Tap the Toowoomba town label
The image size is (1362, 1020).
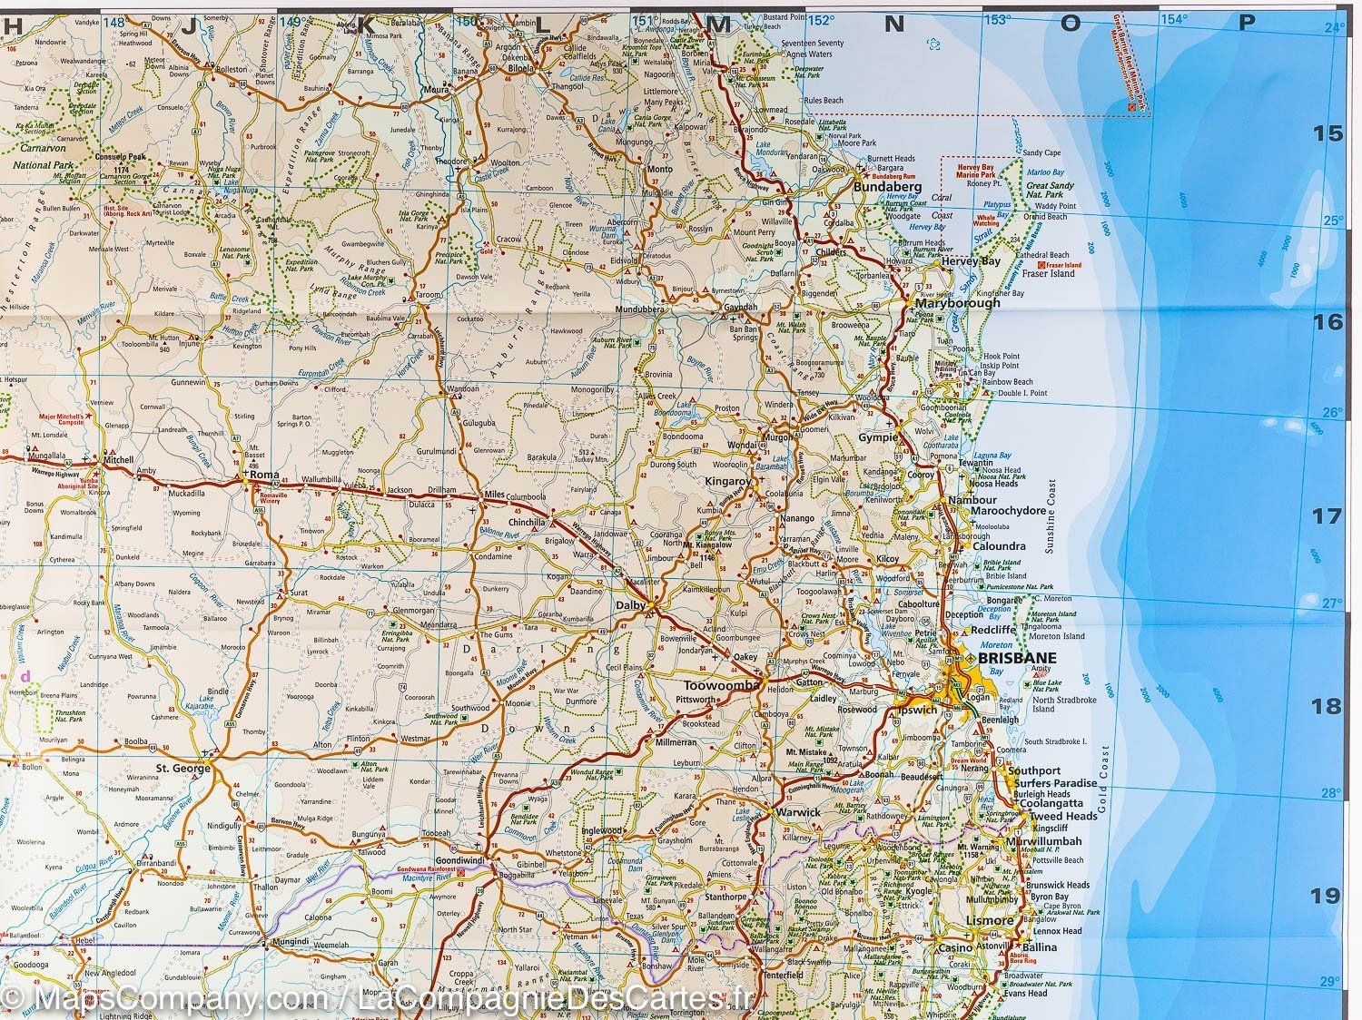pyautogui.click(x=720, y=686)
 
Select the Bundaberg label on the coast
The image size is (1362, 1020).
pyautogui.click(x=887, y=187)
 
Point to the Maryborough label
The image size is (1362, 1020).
pyautogui.click(x=957, y=302)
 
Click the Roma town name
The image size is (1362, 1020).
pyautogui.click(x=264, y=474)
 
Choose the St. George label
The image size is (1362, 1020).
pyautogui.click(x=183, y=768)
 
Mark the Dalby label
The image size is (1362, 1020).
pyautogui.click(x=630, y=605)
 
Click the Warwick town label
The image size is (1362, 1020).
pyautogui.click(x=798, y=811)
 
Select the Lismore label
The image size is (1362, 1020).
pyautogui.click(x=990, y=920)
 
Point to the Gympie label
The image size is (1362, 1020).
pyautogui.click(x=877, y=437)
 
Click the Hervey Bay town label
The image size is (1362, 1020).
pyautogui.click(x=971, y=261)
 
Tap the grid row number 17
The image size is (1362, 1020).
pyautogui.click(x=1327, y=515)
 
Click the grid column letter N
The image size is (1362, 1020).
pyautogui.click(x=893, y=25)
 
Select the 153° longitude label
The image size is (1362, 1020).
pyautogui.click(x=997, y=20)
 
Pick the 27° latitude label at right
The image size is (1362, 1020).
pyautogui.click(x=1331, y=603)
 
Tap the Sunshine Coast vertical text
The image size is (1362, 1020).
pyautogui.click(x=1051, y=516)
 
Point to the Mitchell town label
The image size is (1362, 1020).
pyautogui.click(x=119, y=459)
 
